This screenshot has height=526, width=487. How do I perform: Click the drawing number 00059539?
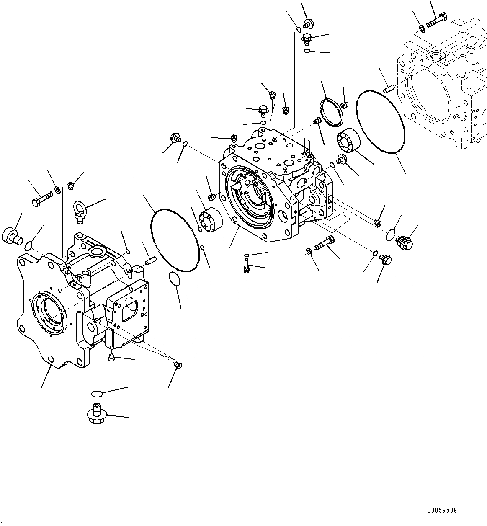(x=442, y=511)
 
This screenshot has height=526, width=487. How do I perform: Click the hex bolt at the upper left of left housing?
(x=41, y=199)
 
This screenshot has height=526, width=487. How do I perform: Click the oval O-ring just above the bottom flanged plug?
(x=96, y=393)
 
